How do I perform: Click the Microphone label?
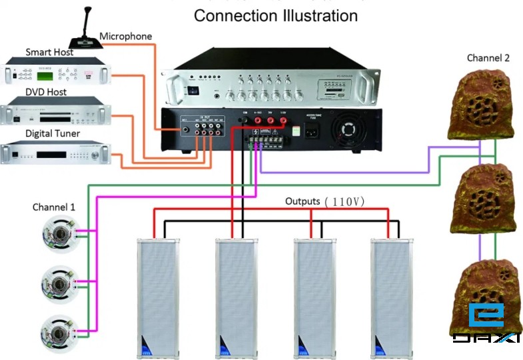point(126,36)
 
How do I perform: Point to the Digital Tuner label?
point(53,133)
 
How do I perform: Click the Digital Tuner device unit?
point(55,154)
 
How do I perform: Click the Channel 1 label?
point(54,207)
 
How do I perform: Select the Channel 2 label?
point(488,58)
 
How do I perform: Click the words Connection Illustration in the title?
point(275,15)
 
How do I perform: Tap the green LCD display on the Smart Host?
point(29,69)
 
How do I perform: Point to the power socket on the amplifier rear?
point(310,130)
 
